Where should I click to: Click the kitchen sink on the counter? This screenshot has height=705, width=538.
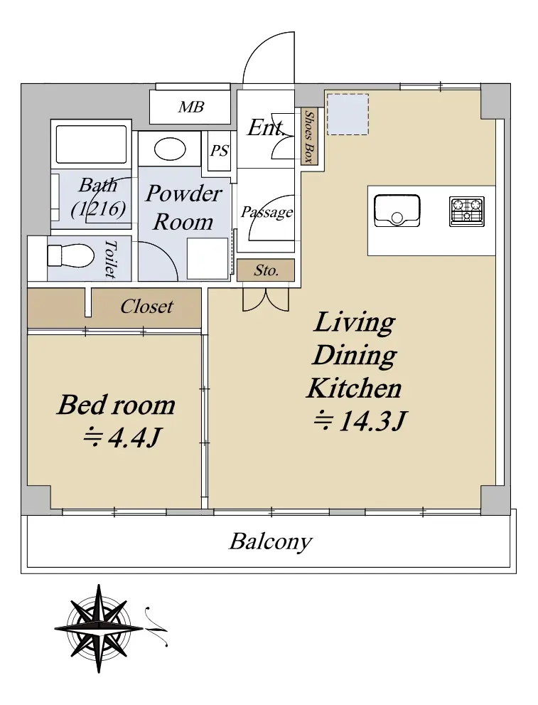397,211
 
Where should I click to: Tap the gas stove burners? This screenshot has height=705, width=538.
467,211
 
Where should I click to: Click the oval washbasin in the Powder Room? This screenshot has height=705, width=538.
170,149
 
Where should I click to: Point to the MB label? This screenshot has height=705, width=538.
191,107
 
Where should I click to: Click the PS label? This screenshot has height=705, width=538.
220,151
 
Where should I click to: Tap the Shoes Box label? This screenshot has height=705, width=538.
308,137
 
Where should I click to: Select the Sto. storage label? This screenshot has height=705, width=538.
267,270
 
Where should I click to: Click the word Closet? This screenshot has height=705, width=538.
146,307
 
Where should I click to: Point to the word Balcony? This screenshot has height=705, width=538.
270,541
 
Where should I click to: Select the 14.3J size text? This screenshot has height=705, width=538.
360,421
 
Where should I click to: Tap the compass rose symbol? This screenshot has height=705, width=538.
99,628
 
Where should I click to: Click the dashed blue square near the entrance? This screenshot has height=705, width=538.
348,115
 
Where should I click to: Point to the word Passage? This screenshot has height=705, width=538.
267,212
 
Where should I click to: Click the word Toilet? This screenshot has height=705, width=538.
110,258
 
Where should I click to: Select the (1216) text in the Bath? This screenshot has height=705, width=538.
98,208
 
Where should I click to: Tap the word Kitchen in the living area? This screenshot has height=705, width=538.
354,388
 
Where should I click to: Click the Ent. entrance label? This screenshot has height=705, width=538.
266,127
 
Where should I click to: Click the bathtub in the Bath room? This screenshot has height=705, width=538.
91,144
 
